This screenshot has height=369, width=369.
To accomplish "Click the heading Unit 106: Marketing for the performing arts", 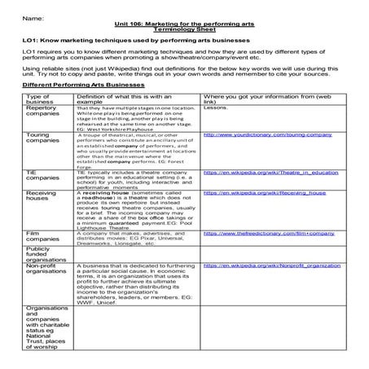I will (x=184, y=25).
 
